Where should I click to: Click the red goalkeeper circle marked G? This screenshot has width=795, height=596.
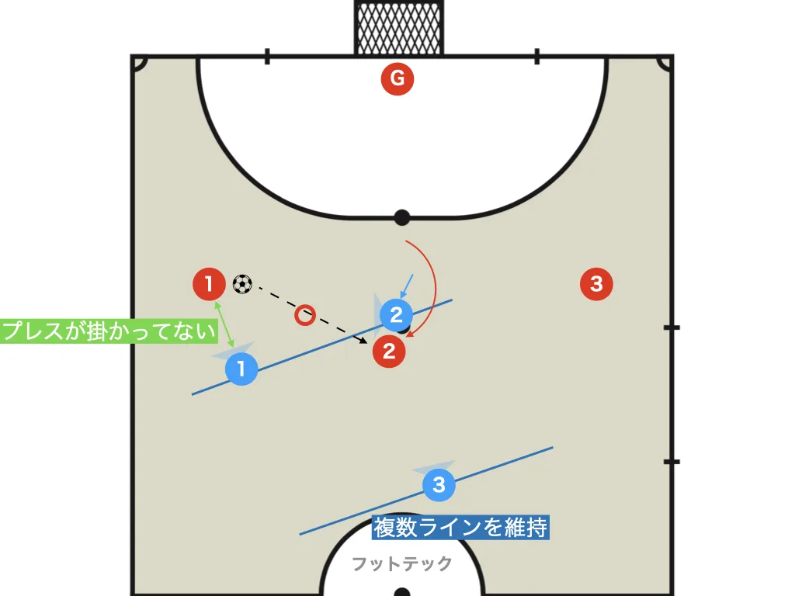(x=397, y=78)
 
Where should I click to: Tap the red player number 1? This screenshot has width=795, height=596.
(x=209, y=284)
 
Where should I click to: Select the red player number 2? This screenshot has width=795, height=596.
(x=389, y=352)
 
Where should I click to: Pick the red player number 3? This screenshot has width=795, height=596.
(x=596, y=284)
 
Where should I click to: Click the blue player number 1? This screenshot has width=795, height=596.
(x=241, y=369)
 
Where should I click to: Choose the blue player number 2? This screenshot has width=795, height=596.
(x=396, y=315)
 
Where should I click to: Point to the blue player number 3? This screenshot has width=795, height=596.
(x=439, y=484)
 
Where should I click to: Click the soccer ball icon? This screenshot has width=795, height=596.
(x=242, y=284)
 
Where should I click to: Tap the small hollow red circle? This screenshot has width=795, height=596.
(x=304, y=315)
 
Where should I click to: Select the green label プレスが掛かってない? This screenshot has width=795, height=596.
(x=109, y=331)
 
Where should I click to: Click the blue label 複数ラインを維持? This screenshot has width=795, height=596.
(x=460, y=528)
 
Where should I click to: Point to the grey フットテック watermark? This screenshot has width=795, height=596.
(x=401, y=563)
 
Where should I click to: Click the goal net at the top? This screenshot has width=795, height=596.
(x=398, y=28)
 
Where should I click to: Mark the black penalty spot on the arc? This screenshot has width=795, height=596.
(x=401, y=218)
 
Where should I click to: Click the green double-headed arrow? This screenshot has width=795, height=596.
(x=224, y=324)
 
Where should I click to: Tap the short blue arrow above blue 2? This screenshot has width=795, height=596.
(x=407, y=286)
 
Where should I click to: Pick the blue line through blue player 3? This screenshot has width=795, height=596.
(x=426, y=490)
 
